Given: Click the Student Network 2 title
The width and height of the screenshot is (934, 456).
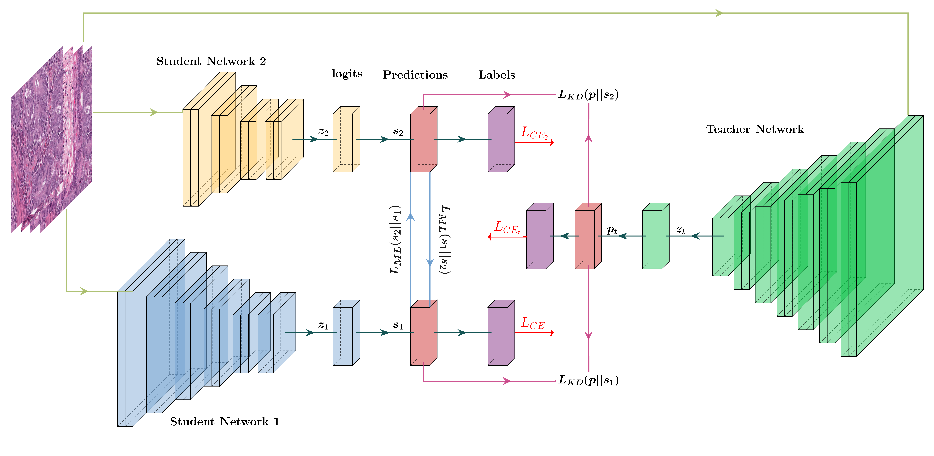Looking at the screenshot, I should tap(211, 61).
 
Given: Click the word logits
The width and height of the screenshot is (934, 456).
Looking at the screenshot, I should tap(347, 74).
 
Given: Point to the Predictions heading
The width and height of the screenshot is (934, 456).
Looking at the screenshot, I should tap(415, 75).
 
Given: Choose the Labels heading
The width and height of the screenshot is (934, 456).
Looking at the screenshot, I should tap(496, 75).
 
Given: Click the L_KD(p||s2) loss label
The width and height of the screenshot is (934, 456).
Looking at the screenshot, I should tap(588, 95).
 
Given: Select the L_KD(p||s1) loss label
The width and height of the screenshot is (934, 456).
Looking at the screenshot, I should tap(588, 380).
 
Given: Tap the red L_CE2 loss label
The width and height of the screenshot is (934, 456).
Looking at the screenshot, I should tap(534, 133).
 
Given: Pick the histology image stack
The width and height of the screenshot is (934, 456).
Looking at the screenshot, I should tap(51, 139).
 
